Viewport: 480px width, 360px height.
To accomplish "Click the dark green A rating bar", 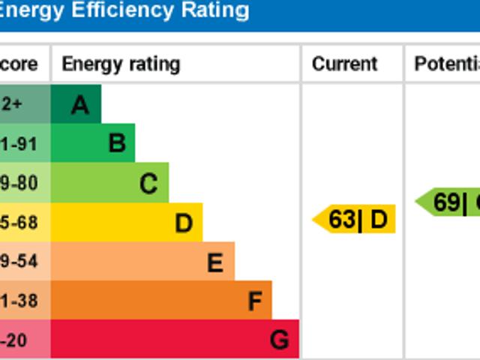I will (x=76, y=105).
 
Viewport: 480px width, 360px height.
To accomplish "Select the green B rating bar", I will (x=93, y=143).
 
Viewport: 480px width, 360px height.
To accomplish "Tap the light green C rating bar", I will (x=109, y=183).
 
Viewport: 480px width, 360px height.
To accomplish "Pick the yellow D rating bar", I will (x=126, y=223).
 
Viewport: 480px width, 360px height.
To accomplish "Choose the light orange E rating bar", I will (x=142, y=262).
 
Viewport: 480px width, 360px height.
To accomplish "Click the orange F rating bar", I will (x=161, y=301).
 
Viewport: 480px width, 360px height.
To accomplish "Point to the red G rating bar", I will (x=175, y=340).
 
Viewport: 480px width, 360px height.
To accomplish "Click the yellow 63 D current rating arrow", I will (x=355, y=220).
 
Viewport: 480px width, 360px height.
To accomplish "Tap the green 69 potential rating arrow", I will (x=448, y=202).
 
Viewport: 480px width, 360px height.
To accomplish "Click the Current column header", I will (x=344, y=64).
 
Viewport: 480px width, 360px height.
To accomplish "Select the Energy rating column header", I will (x=121, y=64).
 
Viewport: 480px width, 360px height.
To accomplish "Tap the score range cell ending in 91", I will (x=22, y=143).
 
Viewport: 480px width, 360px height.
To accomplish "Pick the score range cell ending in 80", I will (x=22, y=183).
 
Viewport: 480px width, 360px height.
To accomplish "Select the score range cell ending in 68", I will (x=22, y=223).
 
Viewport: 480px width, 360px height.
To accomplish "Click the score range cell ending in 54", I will (x=22, y=262).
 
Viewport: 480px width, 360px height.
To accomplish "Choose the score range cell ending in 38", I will (x=22, y=301).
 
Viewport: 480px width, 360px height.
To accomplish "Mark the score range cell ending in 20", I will (x=22, y=340).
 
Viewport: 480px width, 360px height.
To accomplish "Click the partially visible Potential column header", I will (x=447, y=64).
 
